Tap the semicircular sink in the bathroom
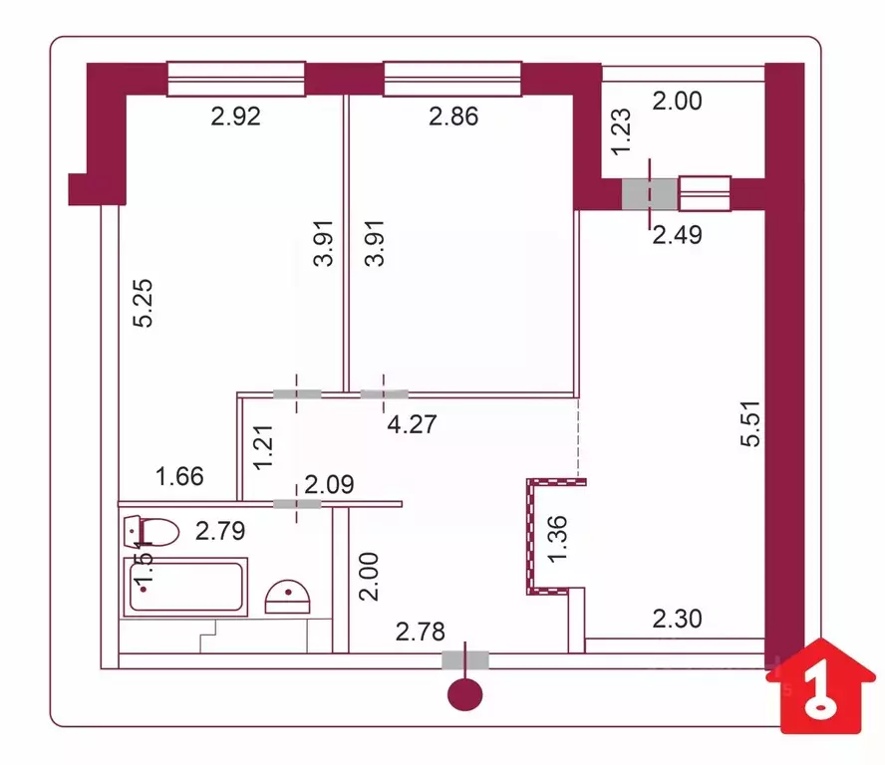click(288, 598)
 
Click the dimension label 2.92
click(235, 117)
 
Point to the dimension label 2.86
click(453, 117)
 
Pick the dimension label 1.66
click(179, 476)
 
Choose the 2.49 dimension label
click(678, 235)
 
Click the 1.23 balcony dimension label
click(621, 130)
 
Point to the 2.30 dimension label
click(677, 619)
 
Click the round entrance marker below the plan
click(465, 694)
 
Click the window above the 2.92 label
click(235, 80)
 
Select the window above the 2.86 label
click(452, 80)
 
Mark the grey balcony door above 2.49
click(649, 193)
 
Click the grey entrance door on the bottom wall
click(465, 658)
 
